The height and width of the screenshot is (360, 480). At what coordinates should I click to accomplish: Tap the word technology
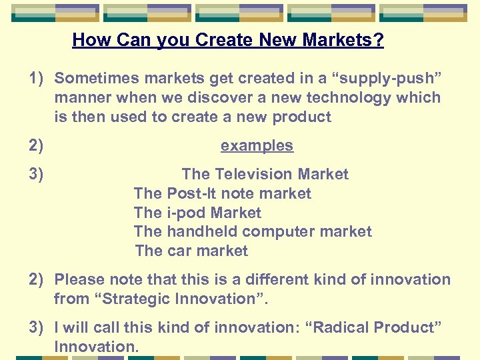348,97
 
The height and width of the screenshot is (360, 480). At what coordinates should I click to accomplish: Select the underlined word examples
257,145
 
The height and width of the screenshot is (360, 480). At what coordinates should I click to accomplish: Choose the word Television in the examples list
253,174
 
